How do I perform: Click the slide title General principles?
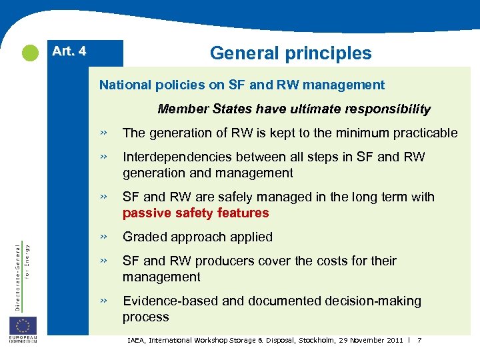[291, 53]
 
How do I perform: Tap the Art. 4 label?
[69, 51]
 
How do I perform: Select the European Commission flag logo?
[23, 327]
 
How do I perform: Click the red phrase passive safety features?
[195, 213]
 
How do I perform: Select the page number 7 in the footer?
[419, 341]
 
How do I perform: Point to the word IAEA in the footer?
[136, 341]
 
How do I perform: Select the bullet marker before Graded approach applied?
[104, 237]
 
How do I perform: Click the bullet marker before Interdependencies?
[104, 157]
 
